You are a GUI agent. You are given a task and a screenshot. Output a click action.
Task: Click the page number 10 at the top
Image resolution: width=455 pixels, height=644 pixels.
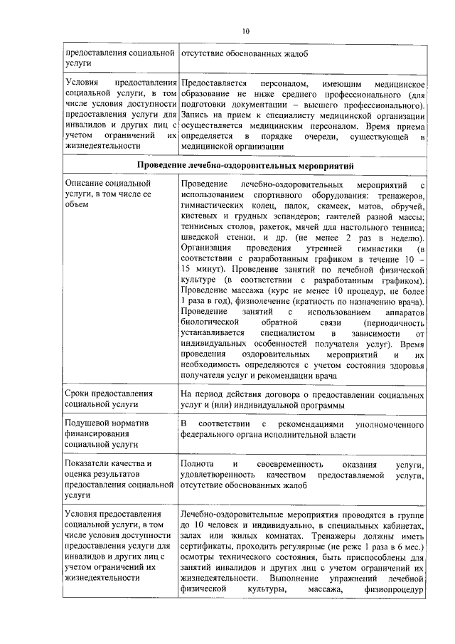[245, 31]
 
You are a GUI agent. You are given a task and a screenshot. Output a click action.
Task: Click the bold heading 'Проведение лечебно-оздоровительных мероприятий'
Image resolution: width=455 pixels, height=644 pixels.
[245, 165]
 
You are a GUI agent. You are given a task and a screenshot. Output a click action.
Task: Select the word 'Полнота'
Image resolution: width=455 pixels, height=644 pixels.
[198, 465]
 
